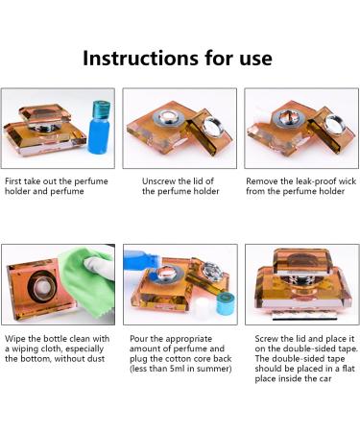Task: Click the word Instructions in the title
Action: pos(140,59)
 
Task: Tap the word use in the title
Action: pos(256,60)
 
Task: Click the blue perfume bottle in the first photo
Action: pos(99,127)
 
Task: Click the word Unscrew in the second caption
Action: pos(158,181)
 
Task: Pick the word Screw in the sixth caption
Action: pos(265,339)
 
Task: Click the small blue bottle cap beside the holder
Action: pos(226,302)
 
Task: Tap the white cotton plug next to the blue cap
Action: pos(204,307)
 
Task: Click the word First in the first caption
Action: pos(12,181)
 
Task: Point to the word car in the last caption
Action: pos(325,379)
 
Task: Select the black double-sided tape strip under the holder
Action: pos(304,318)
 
